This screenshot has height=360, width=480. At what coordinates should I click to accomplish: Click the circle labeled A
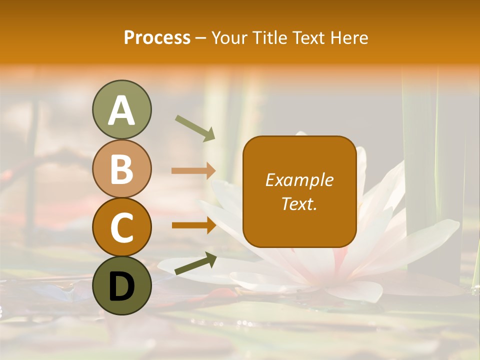tap(121, 109)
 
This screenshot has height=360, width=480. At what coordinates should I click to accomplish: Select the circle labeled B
tap(121, 168)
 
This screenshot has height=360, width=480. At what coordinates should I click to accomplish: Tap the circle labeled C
tap(121, 227)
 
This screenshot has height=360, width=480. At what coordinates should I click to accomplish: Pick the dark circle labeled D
tap(121, 285)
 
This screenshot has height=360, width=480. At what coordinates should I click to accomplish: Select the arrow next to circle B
tap(193, 170)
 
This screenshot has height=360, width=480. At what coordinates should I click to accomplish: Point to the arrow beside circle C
tap(193, 225)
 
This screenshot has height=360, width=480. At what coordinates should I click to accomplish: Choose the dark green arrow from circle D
tap(195, 263)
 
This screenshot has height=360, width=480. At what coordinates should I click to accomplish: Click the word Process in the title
tap(157, 38)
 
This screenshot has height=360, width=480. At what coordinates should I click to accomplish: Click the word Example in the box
tap(299, 180)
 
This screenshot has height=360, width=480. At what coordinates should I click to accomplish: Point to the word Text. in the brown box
tap(299, 203)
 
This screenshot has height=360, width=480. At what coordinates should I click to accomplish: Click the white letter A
tap(121, 110)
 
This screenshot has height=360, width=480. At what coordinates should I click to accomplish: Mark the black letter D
tap(121, 286)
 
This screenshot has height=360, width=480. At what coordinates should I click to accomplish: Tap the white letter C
tap(121, 228)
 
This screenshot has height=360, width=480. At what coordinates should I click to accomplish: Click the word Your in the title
tap(228, 38)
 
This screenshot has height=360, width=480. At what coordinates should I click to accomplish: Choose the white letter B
tap(121, 169)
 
